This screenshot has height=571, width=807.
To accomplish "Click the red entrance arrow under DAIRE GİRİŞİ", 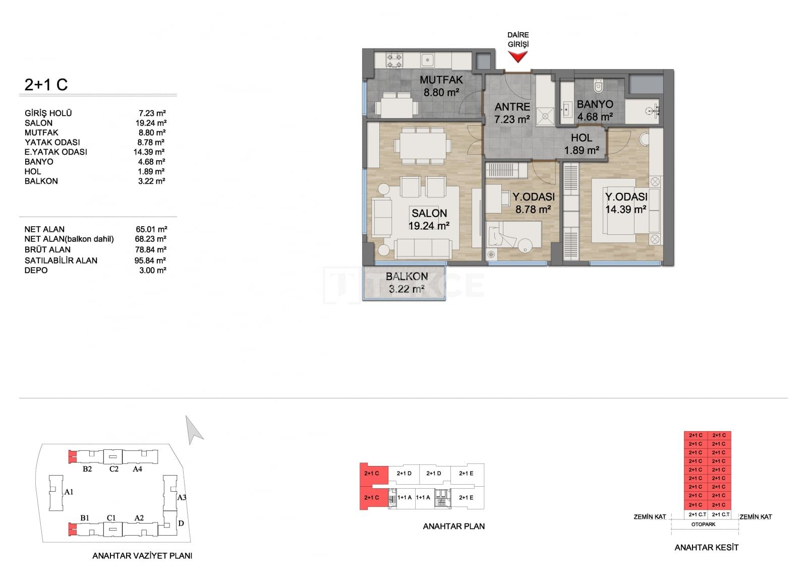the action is [x=517, y=57].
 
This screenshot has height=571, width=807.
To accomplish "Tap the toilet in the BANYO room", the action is [x=598, y=85].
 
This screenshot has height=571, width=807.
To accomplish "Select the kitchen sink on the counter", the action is [x=428, y=60].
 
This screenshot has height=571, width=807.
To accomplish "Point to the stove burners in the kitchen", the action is [x=394, y=60].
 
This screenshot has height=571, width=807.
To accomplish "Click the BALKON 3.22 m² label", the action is [x=407, y=283].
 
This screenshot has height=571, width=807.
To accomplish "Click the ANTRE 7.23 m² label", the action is [x=512, y=113].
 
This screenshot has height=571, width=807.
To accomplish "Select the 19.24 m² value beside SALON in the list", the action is [x=151, y=123].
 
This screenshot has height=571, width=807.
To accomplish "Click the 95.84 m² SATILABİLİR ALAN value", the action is [x=150, y=261].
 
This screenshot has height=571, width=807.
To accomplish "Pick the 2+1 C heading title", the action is [x=46, y=85].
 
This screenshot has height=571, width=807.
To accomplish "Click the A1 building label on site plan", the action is [x=69, y=492].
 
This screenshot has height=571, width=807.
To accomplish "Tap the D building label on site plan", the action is [x=181, y=523].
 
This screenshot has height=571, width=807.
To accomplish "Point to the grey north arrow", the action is [x=194, y=430].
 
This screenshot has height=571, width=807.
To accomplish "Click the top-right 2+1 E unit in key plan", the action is [x=466, y=473].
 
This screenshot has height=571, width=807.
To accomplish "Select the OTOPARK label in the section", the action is [x=703, y=524].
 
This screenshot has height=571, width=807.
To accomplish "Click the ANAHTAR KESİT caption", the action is [x=706, y=548].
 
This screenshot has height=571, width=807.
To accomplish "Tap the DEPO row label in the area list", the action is [x=36, y=270].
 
